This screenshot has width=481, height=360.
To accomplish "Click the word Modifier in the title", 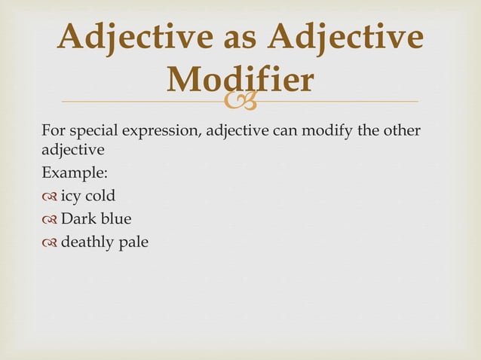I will click(240, 80).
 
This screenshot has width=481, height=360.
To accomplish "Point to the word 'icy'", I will click(70, 197).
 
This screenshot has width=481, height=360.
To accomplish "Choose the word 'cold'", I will click(100, 197).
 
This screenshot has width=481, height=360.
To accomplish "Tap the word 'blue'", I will click(115, 219).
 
